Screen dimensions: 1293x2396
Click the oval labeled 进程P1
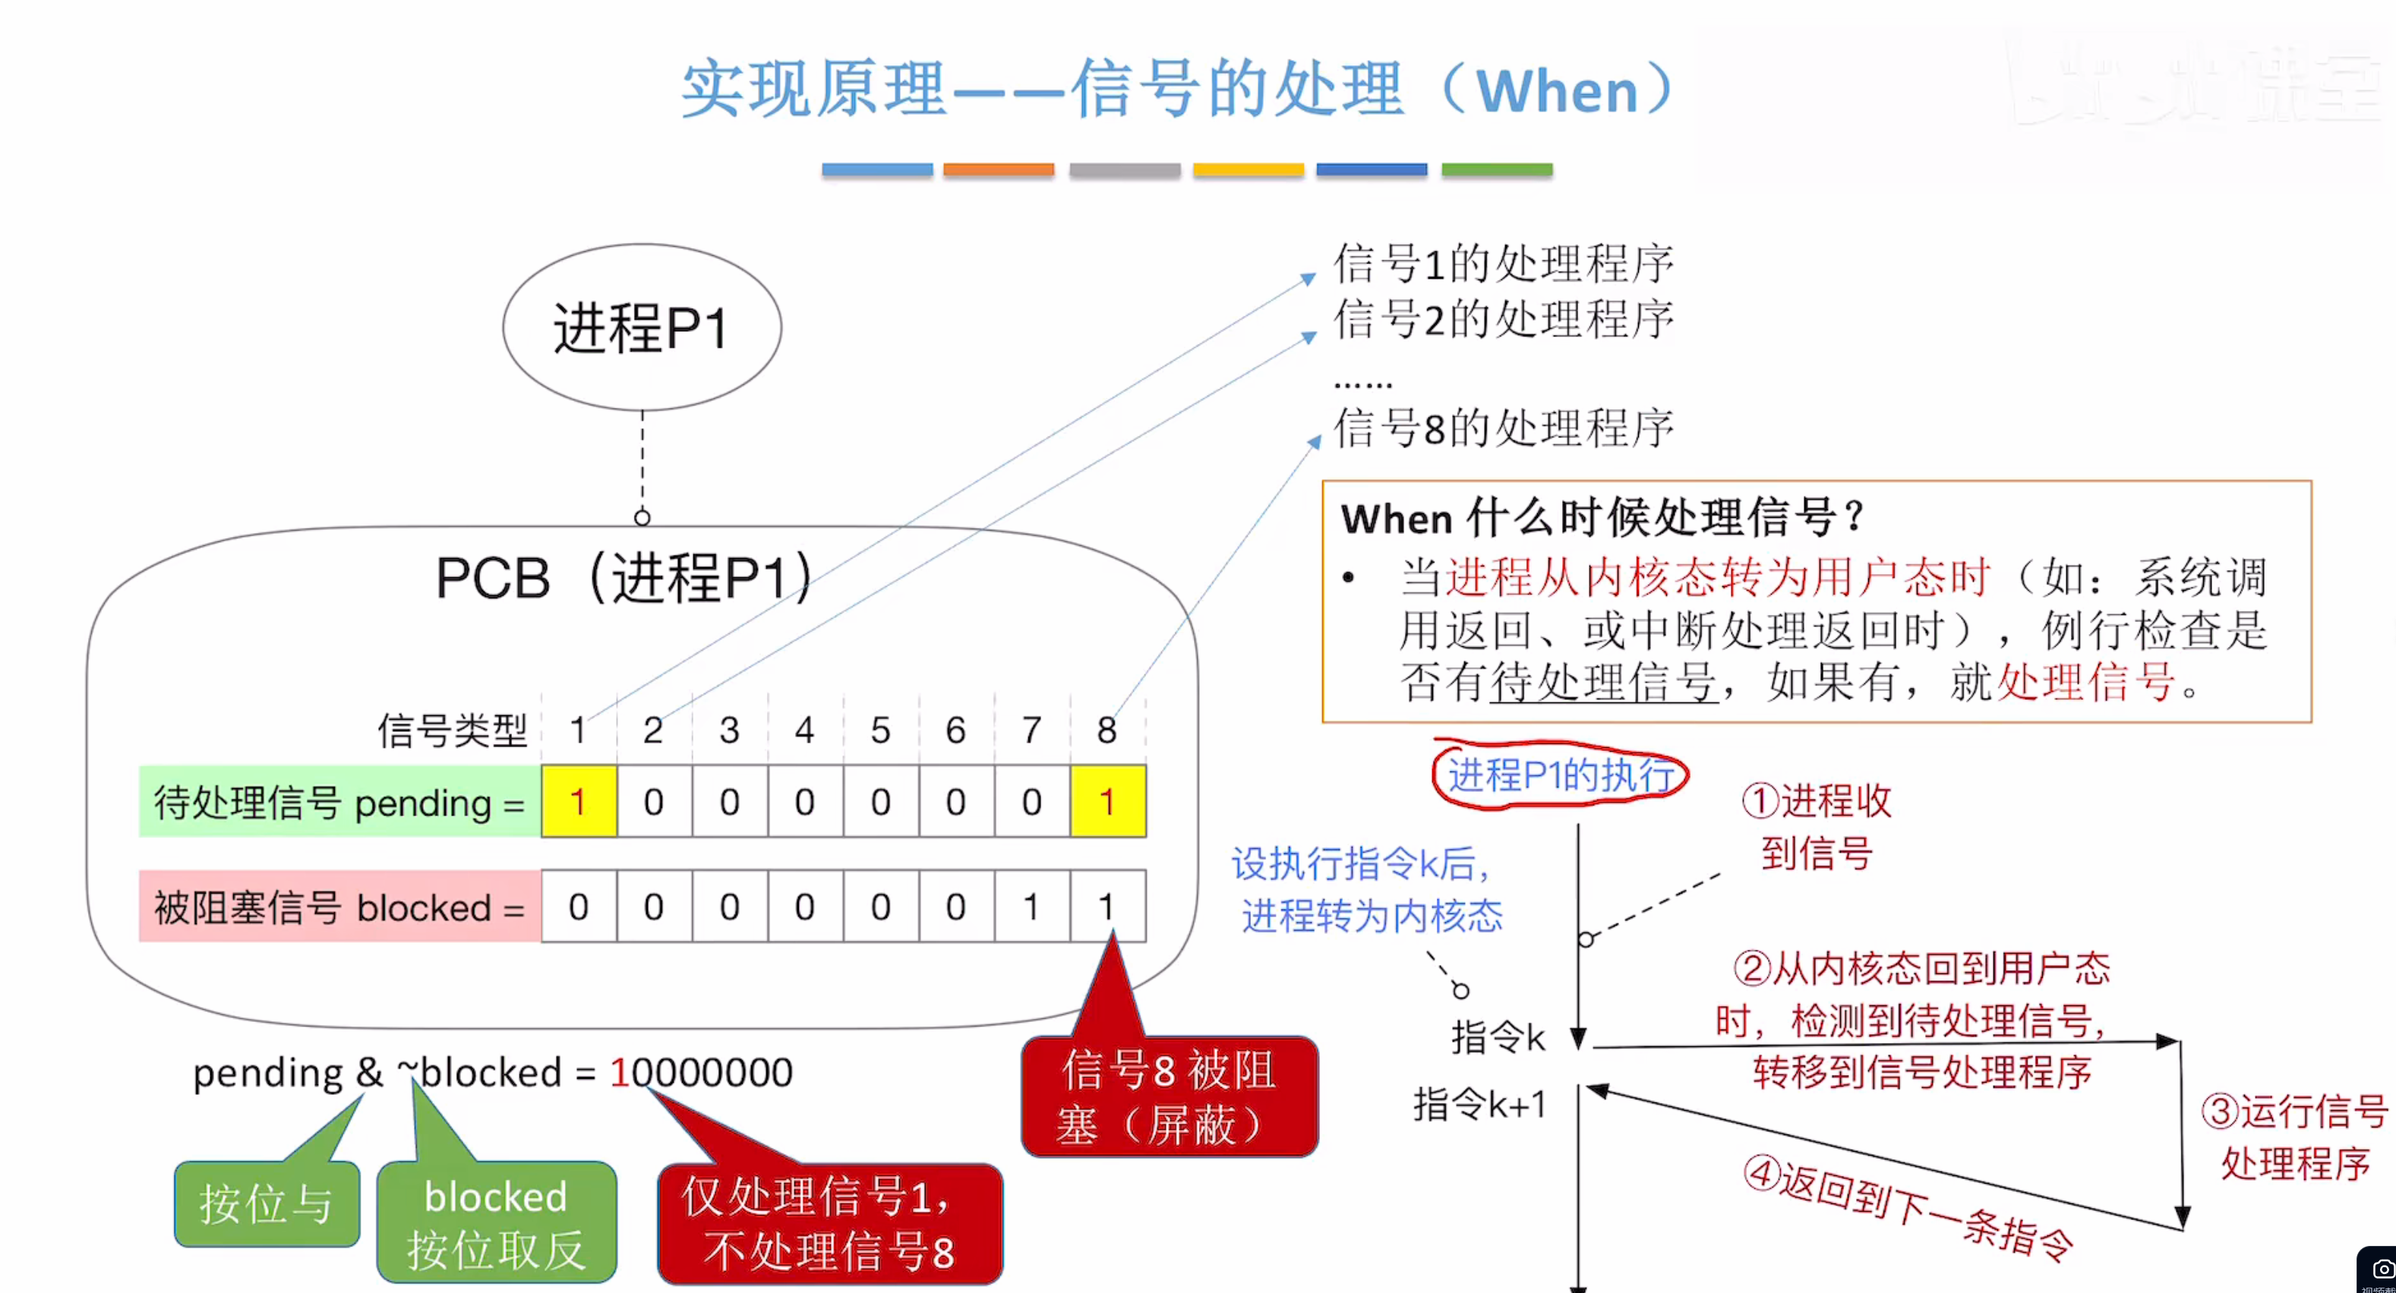pyautogui.click(x=642, y=327)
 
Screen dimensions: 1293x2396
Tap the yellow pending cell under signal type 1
pyautogui.click(x=579, y=801)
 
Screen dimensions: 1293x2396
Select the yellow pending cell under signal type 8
pyautogui.click(x=1106, y=801)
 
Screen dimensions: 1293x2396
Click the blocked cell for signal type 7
pyautogui.click(x=1031, y=906)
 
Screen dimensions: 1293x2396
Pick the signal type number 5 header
pyautogui.click(x=880, y=730)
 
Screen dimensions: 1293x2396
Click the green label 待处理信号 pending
pyautogui.click(x=339, y=802)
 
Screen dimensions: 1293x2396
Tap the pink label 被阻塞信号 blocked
pyautogui.click(x=339, y=907)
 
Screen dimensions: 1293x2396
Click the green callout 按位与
pyautogui.click(x=266, y=1203)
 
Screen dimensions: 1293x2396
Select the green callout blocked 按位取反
pyautogui.click(x=496, y=1222)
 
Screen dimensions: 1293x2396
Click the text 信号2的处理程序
pyautogui.click(x=1503, y=320)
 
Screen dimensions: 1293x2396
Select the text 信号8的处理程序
pyautogui.click(x=1503, y=429)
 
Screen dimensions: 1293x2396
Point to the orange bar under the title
pyautogui.click(x=998, y=169)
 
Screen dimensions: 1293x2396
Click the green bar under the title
pyautogui.click(x=1497, y=169)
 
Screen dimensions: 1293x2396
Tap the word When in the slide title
pyautogui.click(x=1557, y=91)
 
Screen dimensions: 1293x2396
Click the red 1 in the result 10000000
pyautogui.click(x=618, y=1073)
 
